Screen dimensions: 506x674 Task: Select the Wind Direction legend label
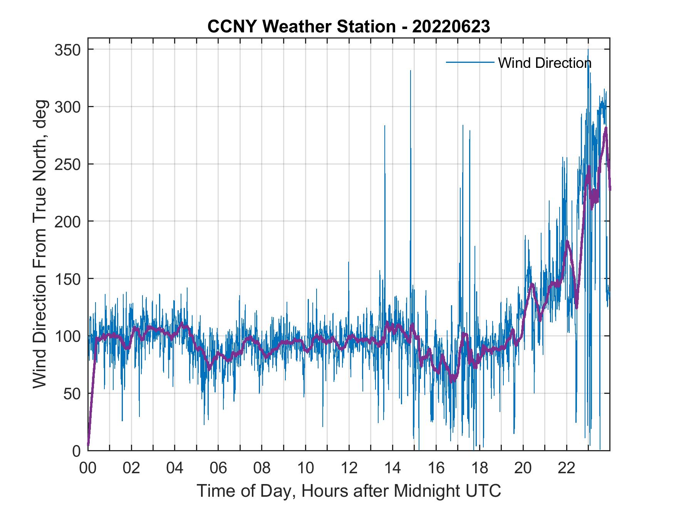coord(545,62)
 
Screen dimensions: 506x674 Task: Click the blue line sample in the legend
coord(470,62)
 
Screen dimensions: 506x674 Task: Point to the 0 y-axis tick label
coord(77,451)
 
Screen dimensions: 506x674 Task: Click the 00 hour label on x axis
coord(88,468)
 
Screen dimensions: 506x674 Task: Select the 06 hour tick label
coord(218,468)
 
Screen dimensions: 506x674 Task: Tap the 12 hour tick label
coord(349,468)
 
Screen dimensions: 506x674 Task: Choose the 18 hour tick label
coord(480,468)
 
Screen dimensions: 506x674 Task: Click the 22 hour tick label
coord(567,468)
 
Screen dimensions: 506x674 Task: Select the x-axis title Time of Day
coord(349,491)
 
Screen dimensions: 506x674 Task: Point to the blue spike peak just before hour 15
coord(410,71)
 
